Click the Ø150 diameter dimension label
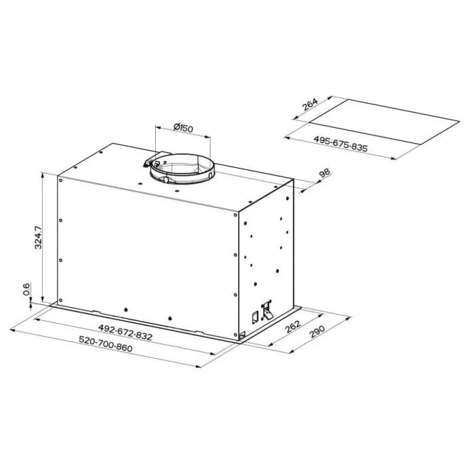pyautogui.click(x=183, y=128)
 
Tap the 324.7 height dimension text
pyautogui.click(x=39, y=238)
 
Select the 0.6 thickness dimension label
pyautogui.click(x=27, y=289)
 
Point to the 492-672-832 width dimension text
pyautogui.click(x=125, y=332)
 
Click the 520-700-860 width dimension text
pyautogui.click(x=105, y=344)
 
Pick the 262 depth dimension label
pyautogui.click(x=293, y=327)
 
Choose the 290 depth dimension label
pyautogui.click(x=317, y=332)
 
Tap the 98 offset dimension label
pyautogui.click(x=324, y=173)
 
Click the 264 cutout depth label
pyautogui.click(x=310, y=105)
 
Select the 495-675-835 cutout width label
pyautogui.click(x=341, y=144)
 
